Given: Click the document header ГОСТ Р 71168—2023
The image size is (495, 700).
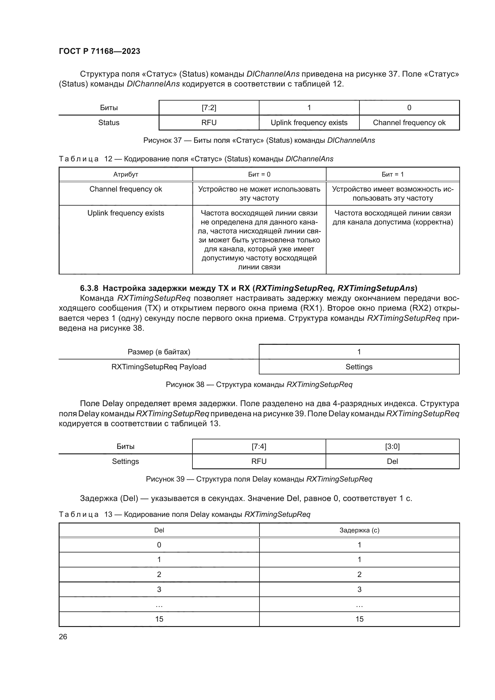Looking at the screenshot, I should [99, 51].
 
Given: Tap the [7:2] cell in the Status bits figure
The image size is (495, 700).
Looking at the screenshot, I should [209, 108].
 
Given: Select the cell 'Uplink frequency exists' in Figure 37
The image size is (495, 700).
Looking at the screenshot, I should [309, 123].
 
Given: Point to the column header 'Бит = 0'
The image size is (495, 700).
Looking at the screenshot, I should [259, 174].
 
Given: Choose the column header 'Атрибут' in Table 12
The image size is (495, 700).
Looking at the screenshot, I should [126, 174].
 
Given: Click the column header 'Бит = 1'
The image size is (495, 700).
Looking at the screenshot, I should [393, 174].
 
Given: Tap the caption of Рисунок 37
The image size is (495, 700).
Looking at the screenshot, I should [259, 140].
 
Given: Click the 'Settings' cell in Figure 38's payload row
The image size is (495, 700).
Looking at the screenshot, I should [359, 367].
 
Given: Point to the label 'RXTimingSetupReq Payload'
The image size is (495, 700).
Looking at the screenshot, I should [159, 367].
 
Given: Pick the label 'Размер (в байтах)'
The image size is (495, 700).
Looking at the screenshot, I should [159, 352].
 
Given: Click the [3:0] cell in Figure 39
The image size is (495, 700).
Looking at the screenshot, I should [392, 446].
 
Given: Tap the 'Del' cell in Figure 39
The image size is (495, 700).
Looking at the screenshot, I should [392, 461].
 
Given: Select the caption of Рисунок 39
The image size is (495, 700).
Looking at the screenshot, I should [259, 479].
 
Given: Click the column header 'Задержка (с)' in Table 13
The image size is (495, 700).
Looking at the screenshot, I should [359, 530].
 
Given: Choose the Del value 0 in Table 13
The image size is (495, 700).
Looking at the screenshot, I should [159, 545].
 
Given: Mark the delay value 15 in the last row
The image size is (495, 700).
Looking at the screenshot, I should [359, 619].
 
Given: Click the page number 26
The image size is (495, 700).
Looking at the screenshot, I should [63, 637].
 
